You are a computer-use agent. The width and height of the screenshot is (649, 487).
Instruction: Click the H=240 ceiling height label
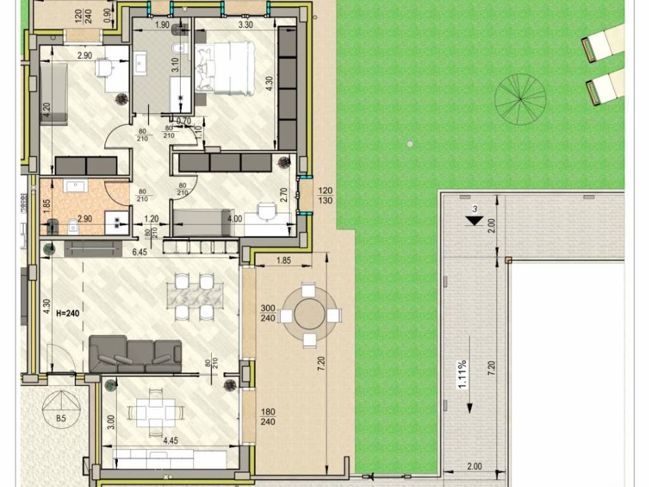[67, 313]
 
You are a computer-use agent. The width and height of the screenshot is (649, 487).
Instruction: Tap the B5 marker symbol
[61, 408]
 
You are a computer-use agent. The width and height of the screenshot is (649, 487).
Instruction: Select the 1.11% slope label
[462, 374]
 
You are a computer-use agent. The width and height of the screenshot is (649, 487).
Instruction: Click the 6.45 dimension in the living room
[139, 252]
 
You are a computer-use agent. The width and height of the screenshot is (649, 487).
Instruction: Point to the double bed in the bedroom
[225, 67]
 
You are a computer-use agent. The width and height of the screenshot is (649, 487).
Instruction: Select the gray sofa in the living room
[136, 354]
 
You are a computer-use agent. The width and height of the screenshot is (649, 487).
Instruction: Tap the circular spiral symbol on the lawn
[520, 99]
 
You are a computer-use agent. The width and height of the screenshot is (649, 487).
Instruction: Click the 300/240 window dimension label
[268, 313]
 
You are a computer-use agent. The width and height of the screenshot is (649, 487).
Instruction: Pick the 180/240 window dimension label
[268, 417]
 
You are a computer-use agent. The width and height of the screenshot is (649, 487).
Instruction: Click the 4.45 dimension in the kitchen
[170, 441]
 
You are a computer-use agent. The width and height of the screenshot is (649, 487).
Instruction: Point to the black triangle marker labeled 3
[474, 221]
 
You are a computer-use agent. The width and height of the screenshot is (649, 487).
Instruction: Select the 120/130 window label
[325, 195]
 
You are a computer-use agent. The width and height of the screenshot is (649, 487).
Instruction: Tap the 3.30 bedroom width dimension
[245, 25]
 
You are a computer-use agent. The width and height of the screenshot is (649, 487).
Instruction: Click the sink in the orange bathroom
[75, 186]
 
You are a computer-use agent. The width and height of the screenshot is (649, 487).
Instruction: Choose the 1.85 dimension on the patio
[283, 261]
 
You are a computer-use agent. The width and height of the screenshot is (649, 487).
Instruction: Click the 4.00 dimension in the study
[235, 219]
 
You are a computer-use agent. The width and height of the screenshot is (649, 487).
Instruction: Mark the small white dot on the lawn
[410, 144]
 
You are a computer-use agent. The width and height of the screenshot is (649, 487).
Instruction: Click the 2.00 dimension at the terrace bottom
[474, 466]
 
